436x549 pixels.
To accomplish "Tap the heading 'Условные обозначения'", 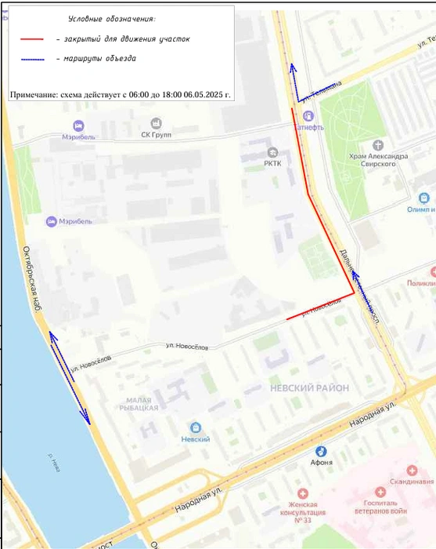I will click(x=111, y=17).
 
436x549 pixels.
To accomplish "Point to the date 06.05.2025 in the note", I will click(x=203, y=95).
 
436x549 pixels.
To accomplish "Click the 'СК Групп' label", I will click(x=156, y=134).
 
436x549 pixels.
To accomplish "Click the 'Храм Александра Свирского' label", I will click(x=379, y=161).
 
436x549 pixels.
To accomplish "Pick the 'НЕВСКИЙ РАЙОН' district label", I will click(x=302, y=388).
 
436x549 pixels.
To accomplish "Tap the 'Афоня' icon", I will click(x=321, y=451).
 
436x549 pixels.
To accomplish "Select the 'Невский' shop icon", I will click(x=195, y=427).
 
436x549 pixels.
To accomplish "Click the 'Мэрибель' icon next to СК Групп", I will click(x=78, y=125).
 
